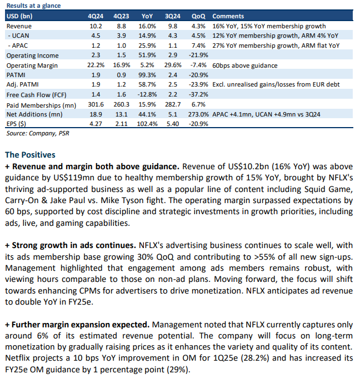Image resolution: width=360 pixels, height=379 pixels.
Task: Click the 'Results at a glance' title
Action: [x=34, y=6]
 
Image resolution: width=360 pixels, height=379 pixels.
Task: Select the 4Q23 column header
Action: [x=121, y=16]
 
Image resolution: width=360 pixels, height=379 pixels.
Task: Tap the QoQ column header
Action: [x=198, y=16]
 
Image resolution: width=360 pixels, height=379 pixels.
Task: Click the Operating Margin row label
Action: [x=32, y=65]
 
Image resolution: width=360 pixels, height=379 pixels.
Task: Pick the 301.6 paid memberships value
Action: [x=96, y=104]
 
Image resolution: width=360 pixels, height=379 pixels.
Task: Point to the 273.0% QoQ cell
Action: [x=198, y=114]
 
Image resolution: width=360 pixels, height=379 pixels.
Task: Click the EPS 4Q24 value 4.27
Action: [x=96, y=124]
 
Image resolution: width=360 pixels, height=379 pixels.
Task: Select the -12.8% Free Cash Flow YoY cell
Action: [x=147, y=94]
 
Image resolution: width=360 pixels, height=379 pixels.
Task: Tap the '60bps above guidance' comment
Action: [x=245, y=65]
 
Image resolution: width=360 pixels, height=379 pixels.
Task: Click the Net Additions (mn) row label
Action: [x=34, y=114]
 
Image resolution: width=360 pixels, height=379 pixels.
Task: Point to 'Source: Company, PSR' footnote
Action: [x=38, y=133]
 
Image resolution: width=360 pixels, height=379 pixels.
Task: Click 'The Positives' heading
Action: [x=30, y=155]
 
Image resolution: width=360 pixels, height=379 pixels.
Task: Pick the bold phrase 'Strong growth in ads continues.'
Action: [x=74, y=245]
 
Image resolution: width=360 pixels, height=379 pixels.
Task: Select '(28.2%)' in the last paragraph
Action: [x=255, y=358]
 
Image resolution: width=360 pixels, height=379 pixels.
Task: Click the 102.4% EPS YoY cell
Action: [x=147, y=124]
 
